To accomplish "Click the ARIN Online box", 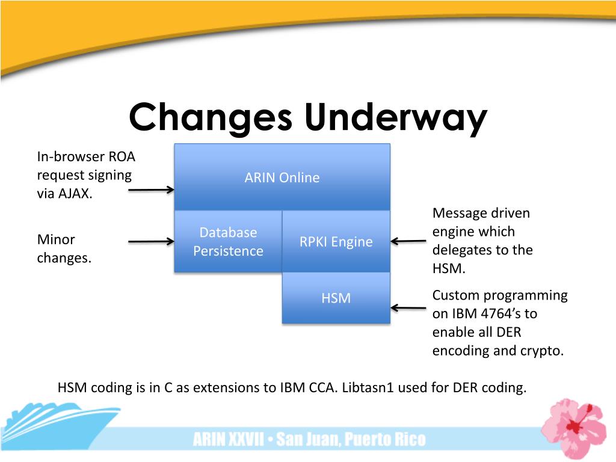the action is point(282,177).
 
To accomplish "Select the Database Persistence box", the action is point(228,241).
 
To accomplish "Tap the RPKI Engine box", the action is point(336,242).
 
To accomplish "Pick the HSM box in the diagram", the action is point(336,298).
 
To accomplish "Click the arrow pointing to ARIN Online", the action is point(151,190).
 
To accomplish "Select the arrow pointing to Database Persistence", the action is point(151,242).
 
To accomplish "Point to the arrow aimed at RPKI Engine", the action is point(408,242).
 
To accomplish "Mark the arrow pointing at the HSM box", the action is point(408,307).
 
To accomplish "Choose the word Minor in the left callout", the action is point(56,239).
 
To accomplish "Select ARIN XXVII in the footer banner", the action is point(228,440).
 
